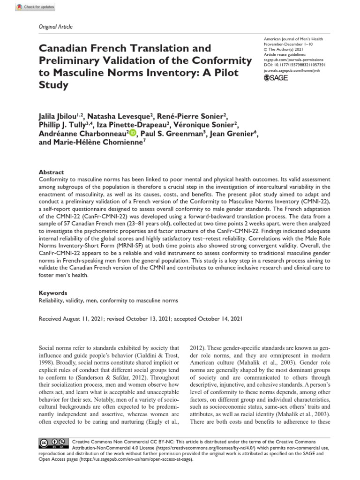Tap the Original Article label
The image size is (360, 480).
pyautogui.click(x=55, y=27)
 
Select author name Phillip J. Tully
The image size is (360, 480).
pyautogui.click(x=62, y=125)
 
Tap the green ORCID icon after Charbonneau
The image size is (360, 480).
pyautogui.click(x=133, y=134)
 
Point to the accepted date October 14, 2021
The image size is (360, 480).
pyautogui.click(x=221, y=319)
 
